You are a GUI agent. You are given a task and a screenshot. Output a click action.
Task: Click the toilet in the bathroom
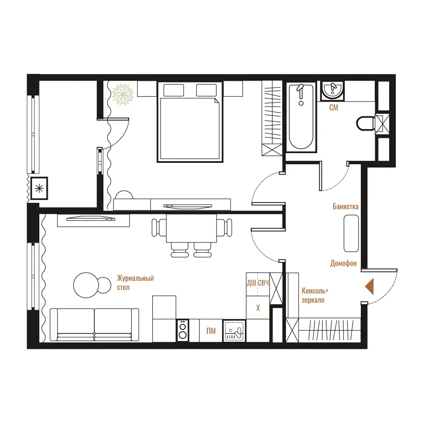(365, 124)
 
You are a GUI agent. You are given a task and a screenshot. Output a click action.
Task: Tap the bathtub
(301, 117)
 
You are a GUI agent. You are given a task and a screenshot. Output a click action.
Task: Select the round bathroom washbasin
(333, 90)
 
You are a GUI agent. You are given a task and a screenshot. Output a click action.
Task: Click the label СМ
(334, 107)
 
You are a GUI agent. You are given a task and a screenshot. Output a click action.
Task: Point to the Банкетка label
(346, 207)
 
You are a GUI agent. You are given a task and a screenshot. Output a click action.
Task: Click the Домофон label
(343, 263)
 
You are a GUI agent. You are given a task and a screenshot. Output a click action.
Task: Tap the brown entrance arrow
(369, 286)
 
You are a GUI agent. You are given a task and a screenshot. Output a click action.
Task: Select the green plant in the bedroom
(123, 94)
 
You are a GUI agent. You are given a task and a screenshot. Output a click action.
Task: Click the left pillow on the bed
(174, 90)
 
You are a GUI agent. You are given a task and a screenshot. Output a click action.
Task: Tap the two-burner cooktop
(183, 330)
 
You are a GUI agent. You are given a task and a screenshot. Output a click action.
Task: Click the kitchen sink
(234, 331)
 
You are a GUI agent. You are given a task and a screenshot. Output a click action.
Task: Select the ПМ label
(211, 331)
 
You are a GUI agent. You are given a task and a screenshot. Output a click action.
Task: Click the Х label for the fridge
(258, 308)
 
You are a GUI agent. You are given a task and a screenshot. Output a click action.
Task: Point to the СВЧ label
(264, 283)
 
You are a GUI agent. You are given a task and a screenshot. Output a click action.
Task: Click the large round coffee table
(86, 285)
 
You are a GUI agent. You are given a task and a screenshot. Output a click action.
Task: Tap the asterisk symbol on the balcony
(39, 188)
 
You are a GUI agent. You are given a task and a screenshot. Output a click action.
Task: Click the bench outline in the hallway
(351, 233)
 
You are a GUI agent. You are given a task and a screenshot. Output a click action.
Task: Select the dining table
(192, 228)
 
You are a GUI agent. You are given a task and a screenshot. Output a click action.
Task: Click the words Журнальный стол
(135, 283)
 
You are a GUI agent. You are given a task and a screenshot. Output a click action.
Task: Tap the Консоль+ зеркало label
(315, 295)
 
